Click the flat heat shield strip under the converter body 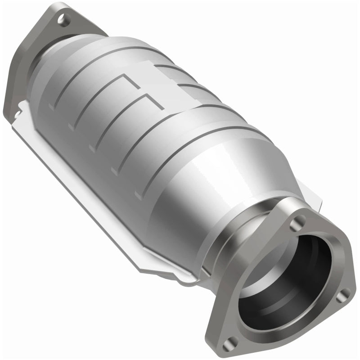[90, 180]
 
